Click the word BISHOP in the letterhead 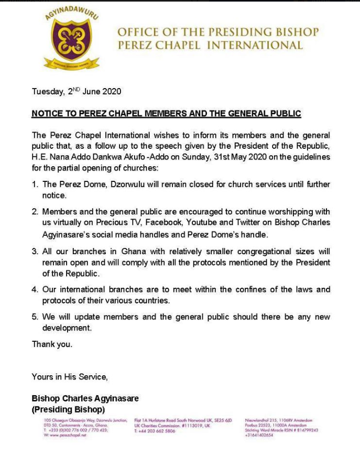coord(291,32)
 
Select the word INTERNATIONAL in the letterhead coord(255,45)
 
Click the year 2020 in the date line coord(112,92)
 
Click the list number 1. coord(35,185)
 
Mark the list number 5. coord(35,317)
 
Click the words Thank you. coord(52,344)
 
